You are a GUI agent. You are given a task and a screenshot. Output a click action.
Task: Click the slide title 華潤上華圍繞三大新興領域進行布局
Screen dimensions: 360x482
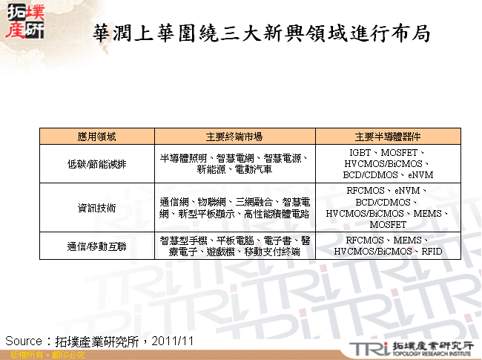click(261, 34)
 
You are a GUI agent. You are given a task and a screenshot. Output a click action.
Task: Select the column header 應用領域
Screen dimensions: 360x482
click(96, 137)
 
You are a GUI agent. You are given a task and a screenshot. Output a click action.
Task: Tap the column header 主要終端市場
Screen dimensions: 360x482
click(234, 137)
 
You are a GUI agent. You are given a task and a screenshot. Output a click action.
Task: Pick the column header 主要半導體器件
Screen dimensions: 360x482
click(388, 137)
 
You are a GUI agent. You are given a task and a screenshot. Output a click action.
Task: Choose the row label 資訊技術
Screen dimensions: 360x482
click(96, 208)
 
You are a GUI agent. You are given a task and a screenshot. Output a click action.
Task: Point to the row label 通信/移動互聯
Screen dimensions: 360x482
click(96, 246)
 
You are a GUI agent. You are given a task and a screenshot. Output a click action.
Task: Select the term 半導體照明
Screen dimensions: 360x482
click(183, 158)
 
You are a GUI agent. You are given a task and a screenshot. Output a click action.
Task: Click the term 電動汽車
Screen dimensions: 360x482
click(254, 169)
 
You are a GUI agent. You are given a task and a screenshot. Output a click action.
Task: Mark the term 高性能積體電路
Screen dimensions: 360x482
click(276, 214)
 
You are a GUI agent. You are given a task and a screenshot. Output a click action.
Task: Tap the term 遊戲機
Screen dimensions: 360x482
click(221, 252)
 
